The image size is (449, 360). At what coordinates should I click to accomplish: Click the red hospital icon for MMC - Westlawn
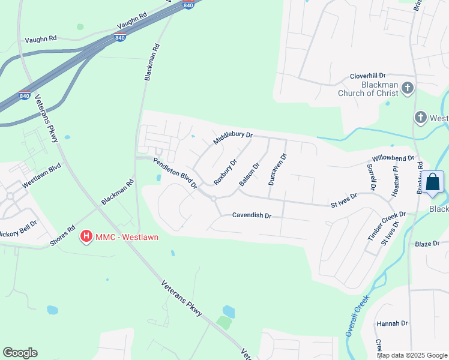click(86, 237)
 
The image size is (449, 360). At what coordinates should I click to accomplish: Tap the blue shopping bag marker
click(432, 183)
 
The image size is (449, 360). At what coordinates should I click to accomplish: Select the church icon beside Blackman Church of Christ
click(408, 89)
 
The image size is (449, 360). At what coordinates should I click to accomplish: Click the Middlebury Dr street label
click(233, 139)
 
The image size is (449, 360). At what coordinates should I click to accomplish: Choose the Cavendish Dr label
click(252, 215)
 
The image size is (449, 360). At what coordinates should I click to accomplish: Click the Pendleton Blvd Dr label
click(175, 173)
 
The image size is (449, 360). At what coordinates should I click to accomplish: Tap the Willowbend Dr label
click(393, 159)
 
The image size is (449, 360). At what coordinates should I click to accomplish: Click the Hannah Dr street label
click(392, 323)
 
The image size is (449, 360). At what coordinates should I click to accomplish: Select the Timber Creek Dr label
click(387, 226)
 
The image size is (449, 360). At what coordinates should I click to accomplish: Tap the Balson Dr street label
click(249, 175)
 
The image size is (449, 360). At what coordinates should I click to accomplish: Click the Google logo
click(20, 353)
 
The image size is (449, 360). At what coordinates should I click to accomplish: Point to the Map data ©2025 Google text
click(412, 355)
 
